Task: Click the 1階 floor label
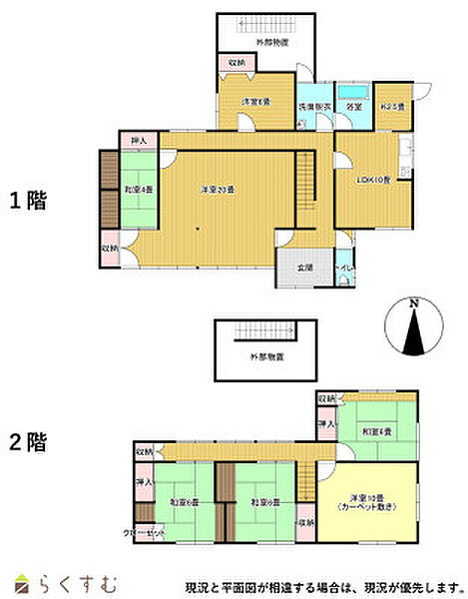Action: pyautogui.click(x=28, y=200)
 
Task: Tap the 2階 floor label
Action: pyautogui.click(x=28, y=440)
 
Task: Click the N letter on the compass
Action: pyautogui.click(x=411, y=302)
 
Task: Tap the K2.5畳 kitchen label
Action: pyautogui.click(x=393, y=107)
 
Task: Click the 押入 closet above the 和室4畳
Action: pyautogui.click(x=138, y=141)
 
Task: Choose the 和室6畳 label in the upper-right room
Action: pyautogui.click(x=377, y=431)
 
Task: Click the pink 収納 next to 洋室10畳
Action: pyautogui.click(x=305, y=522)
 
